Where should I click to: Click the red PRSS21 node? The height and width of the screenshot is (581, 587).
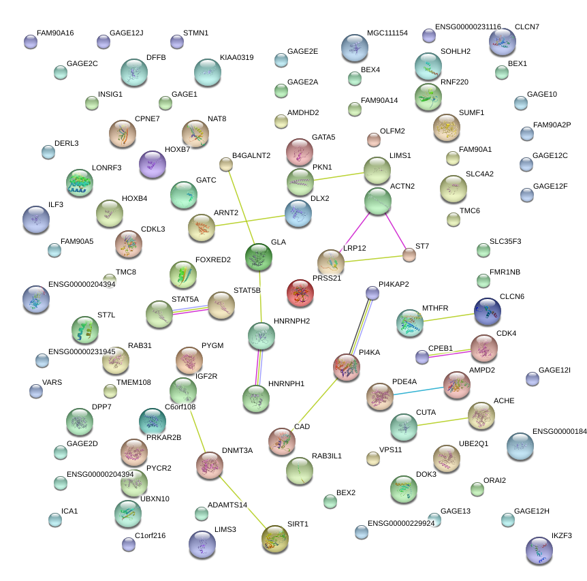pos(300,292)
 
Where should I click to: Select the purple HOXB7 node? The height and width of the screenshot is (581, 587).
pos(152,164)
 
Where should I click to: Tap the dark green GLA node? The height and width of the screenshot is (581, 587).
pos(259,257)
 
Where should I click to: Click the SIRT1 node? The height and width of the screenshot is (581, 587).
pos(275,539)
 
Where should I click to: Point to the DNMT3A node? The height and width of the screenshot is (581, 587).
pos(210,465)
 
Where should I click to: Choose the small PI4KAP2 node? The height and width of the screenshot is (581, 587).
pos(372,293)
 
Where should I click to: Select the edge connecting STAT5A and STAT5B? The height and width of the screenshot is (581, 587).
pos(190,310)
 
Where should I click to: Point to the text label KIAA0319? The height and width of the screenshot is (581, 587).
pos(236,58)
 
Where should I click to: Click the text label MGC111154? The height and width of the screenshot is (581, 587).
pos(387,33)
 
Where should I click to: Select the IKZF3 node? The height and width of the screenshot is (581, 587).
pos(539,550)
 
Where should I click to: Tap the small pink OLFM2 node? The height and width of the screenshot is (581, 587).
pos(373,140)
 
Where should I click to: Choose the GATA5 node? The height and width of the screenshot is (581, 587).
pos(299,152)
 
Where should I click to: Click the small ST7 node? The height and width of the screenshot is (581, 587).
pos(409,255)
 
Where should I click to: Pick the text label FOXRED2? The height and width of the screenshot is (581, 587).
pos(213,260)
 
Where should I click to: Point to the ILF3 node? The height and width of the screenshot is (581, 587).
pos(35,219)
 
